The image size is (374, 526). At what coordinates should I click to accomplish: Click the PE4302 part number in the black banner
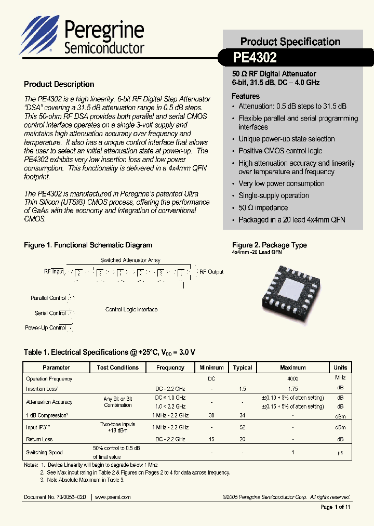pos(255,57)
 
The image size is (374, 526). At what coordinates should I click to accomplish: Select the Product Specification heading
pos(290,42)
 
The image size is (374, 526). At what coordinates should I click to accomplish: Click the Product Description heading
pos(59,84)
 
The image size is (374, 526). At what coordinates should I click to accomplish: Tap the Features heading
pos(246,96)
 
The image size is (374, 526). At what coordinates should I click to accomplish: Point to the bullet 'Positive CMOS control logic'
pos(280,151)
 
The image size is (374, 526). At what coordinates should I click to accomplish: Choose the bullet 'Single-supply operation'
pos(274,195)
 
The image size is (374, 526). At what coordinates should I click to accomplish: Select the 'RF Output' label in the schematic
pos(211,272)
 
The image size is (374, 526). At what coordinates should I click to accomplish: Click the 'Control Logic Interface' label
pos(131,309)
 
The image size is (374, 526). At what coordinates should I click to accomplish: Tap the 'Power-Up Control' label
pos(45,327)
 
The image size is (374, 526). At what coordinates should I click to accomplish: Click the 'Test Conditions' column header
pos(118,367)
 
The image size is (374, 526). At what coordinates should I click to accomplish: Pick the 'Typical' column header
pos(243,367)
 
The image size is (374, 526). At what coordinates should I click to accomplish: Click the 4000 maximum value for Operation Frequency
pos(292,379)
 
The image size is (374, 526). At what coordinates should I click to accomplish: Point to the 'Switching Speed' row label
pos(44,452)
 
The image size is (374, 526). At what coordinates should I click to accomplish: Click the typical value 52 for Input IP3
pos(243,427)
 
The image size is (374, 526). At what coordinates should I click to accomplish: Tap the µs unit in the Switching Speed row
pos(340,453)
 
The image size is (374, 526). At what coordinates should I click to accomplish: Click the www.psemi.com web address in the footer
pos(113,497)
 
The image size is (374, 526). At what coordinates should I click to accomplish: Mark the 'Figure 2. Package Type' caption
pos(269,245)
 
